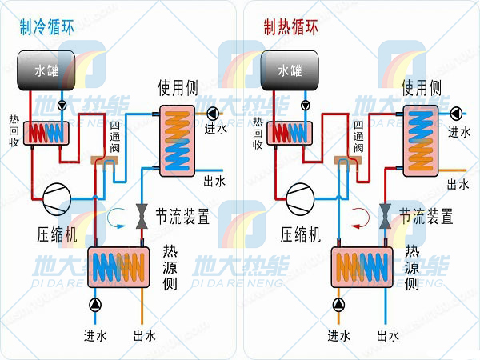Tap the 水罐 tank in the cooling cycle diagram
point(46,70)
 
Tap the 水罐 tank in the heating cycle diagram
point(290,70)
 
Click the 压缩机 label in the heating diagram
point(300,234)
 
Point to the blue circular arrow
point(118,214)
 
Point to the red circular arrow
point(362,214)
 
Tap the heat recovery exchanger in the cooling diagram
point(46,132)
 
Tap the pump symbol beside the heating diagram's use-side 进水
point(456,112)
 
